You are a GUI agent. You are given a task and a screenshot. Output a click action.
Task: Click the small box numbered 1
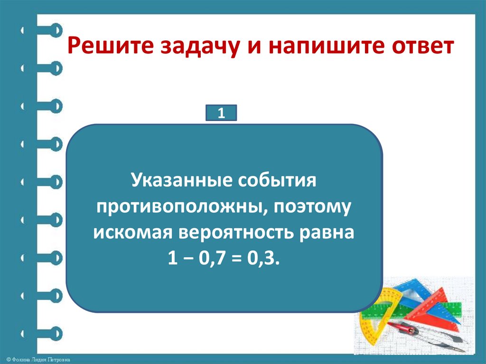tap(221, 114)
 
